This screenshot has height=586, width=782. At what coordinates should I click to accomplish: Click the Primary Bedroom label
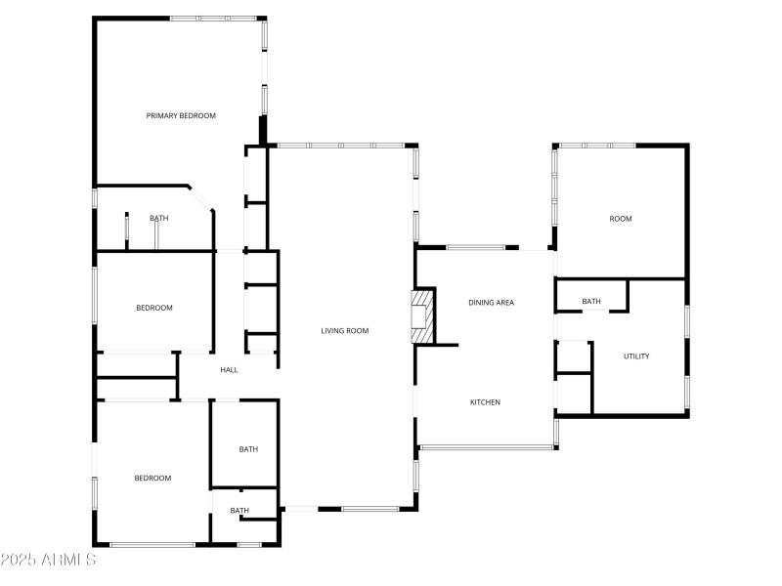(181, 116)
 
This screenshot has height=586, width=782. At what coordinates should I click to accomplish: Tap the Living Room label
(345, 331)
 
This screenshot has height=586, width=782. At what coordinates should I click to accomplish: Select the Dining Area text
(491, 303)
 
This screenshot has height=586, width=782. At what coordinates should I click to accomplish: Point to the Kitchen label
(486, 402)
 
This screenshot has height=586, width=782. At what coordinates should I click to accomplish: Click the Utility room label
(636, 356)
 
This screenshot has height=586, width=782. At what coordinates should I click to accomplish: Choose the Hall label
(230, 370)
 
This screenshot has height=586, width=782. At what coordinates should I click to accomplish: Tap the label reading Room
(621, 219)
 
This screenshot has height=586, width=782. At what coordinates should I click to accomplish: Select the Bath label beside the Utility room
(591, 302)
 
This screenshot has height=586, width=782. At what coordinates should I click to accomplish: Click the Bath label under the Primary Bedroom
(158, 219)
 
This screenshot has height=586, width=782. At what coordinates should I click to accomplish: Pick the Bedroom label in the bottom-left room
(152, 479)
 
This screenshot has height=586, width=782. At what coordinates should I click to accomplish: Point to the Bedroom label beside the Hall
(153, 309)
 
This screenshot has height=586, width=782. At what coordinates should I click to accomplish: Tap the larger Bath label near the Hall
(249, 449)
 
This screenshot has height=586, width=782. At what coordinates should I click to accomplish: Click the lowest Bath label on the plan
(239, 511)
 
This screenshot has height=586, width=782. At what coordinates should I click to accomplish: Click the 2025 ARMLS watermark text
(49, 561)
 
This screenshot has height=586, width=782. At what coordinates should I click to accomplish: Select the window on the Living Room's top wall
(340, 146)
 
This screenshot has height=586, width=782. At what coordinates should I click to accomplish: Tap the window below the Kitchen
(487, 447)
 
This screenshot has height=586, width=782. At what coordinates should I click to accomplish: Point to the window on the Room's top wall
(596, 145)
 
